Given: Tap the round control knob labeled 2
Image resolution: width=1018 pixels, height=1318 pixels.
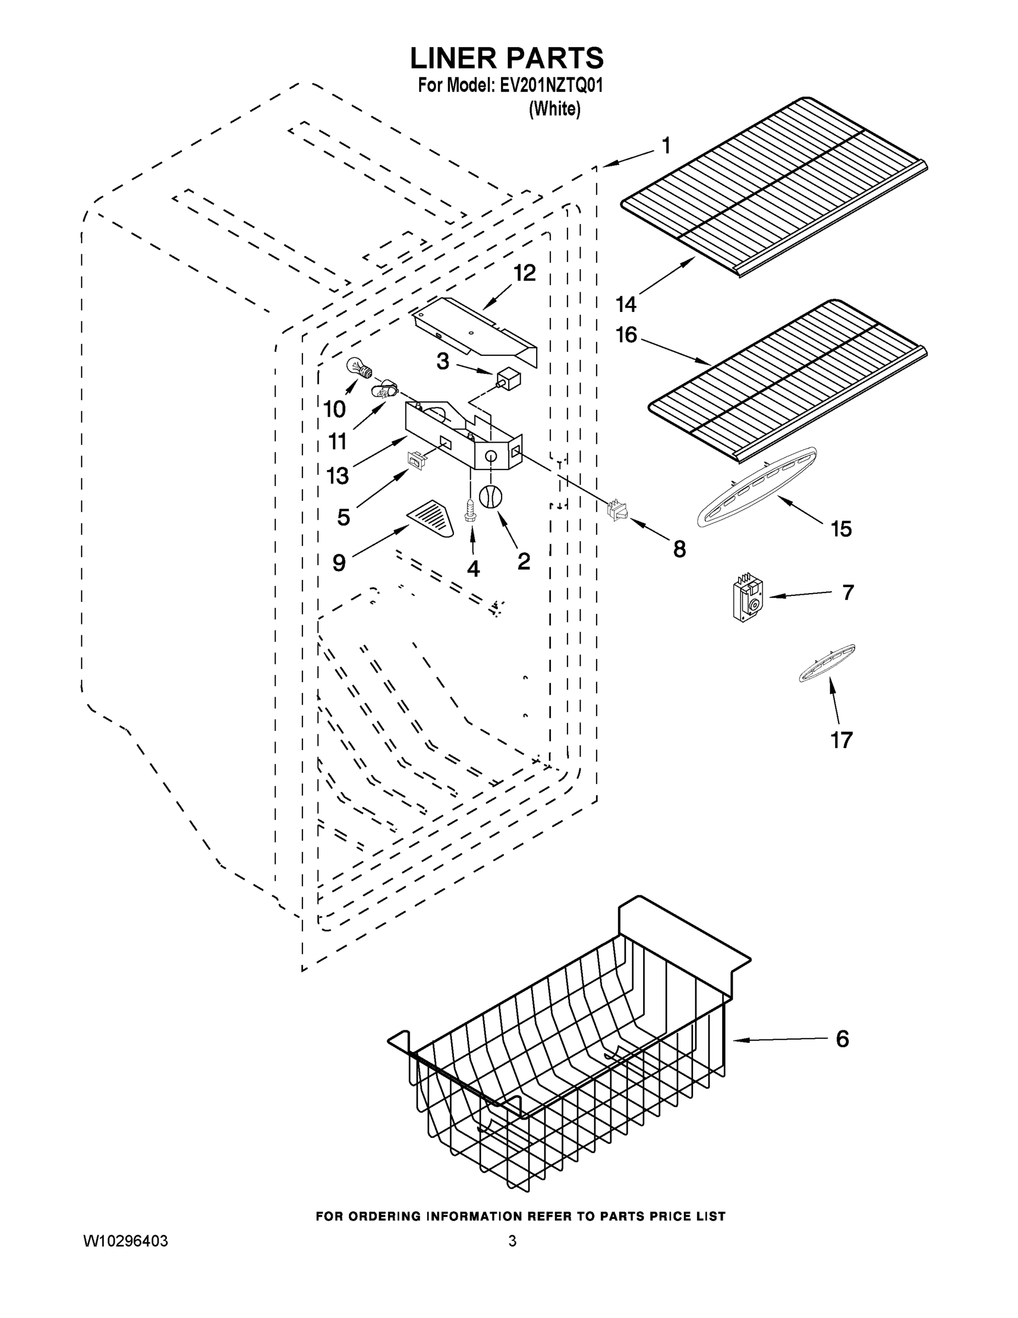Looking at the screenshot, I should [x=490, y=495].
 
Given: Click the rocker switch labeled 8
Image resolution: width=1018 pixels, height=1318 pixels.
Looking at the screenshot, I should [x=616, y=510].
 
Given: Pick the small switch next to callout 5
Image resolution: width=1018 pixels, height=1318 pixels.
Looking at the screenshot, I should [x=416, y=461].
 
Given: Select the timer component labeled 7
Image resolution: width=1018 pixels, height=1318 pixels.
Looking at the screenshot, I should [x=746, y=597].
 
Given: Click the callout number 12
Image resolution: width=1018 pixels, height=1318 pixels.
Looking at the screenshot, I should [x=524, y=273].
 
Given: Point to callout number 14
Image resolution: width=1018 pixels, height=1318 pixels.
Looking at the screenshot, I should [x=626, y=305].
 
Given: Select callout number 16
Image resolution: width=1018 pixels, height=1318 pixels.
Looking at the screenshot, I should [x=627, y=334].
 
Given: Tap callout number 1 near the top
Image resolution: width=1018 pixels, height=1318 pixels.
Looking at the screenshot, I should [x=666, y=146].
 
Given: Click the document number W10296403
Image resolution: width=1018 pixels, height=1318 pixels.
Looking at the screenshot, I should [x=126, y=1241].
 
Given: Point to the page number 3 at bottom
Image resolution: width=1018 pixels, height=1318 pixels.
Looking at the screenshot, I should [x=512, y=1241].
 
